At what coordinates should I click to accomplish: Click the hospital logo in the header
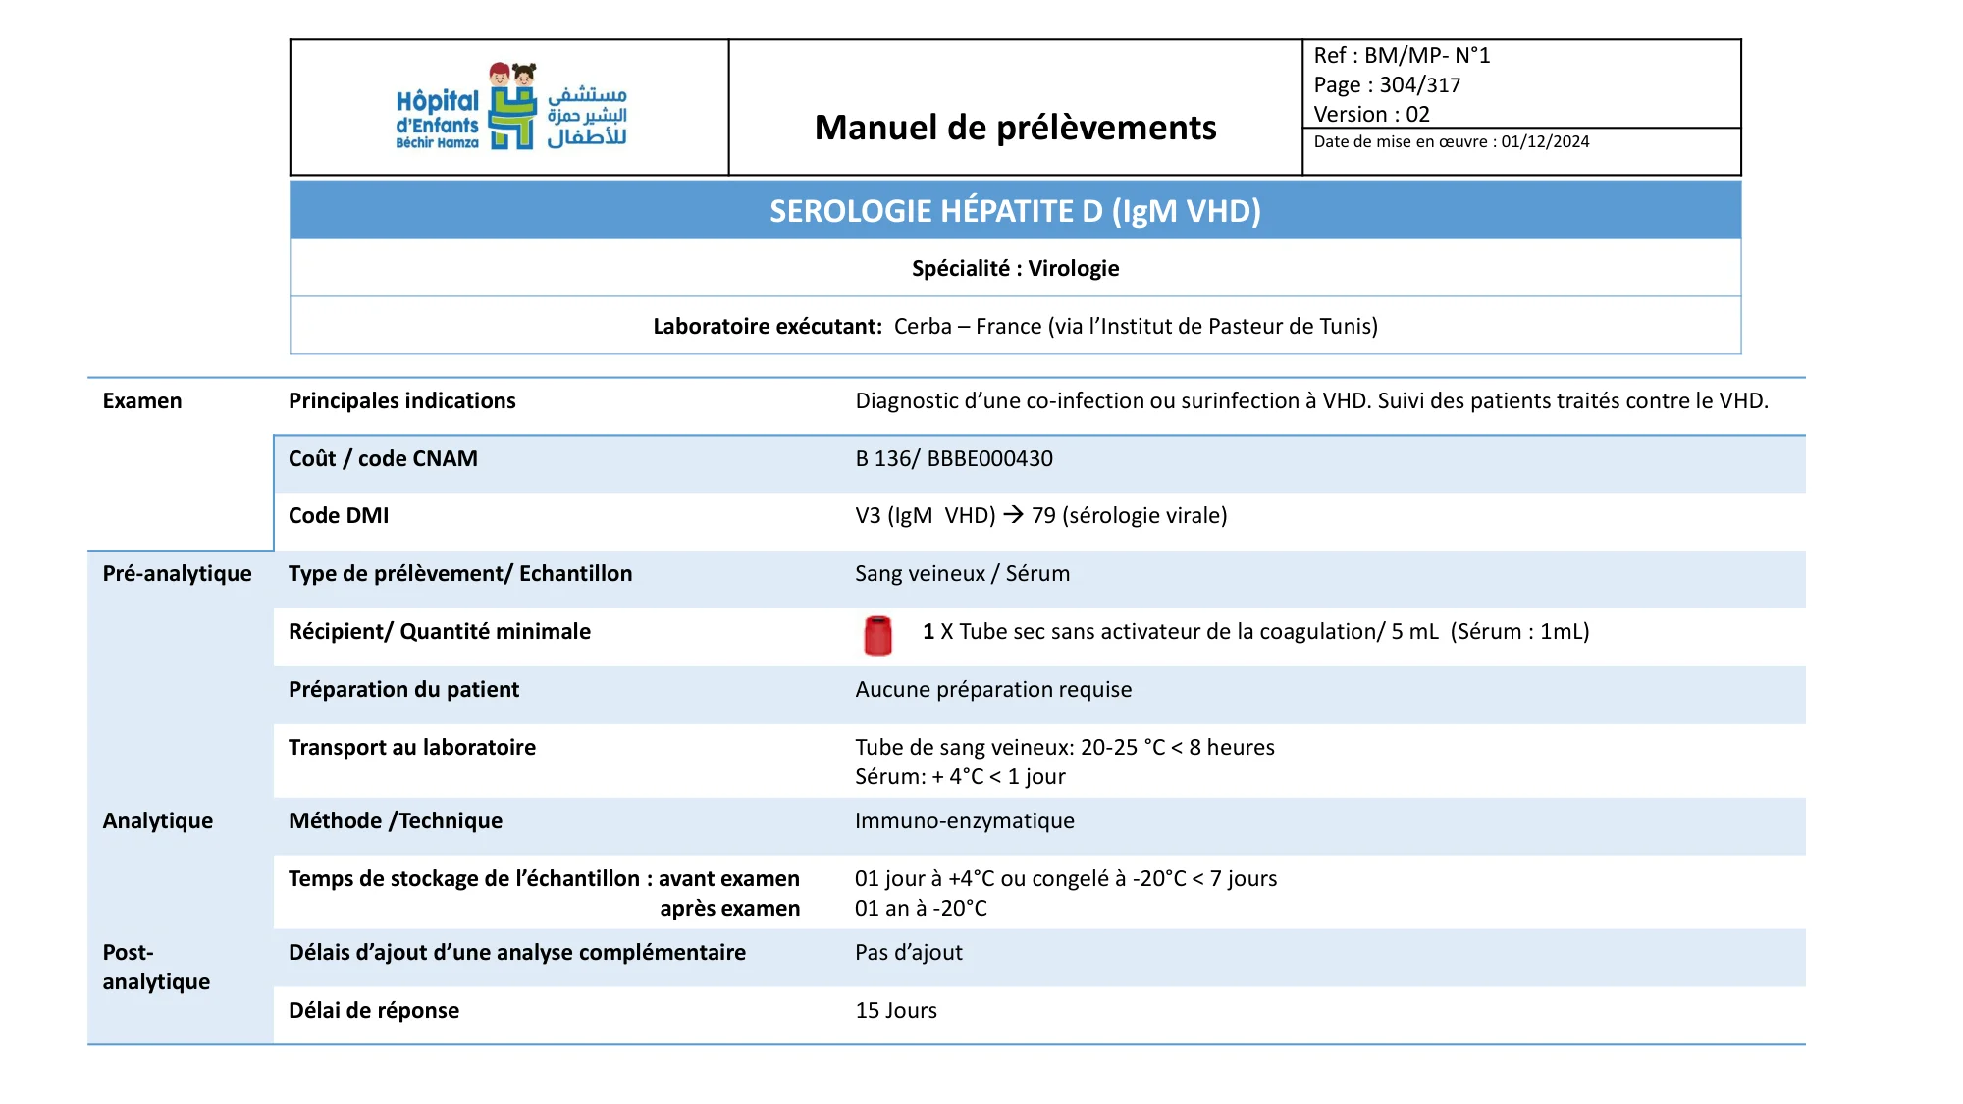click(511, 107)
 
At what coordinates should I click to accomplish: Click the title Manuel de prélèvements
click(1015, 128)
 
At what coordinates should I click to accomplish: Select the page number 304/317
click(1419, 85)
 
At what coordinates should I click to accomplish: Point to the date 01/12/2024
click(1545, 142)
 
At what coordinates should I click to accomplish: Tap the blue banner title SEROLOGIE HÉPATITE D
click(1015, 211)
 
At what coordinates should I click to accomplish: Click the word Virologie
click(1073, 269)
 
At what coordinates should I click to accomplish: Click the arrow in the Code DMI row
click(1013, 515)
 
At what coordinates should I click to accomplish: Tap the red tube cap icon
click(877, 635)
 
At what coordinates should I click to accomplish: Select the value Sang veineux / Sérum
click(962, 574)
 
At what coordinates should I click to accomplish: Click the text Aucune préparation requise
click(992, 690)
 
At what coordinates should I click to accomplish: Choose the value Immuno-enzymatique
click(964, 821)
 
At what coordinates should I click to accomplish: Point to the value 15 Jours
click(895, 1011)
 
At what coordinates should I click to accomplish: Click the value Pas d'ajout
click(908, 953)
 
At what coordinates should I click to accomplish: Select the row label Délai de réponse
click(373, 1011)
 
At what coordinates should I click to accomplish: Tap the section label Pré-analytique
click(177, 574)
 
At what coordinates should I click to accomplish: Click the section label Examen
click(141, 401)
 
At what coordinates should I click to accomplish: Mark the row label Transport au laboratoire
click(411, 748)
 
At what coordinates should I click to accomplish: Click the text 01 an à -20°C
click(920, 909)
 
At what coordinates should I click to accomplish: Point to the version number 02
click(1417, 115)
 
